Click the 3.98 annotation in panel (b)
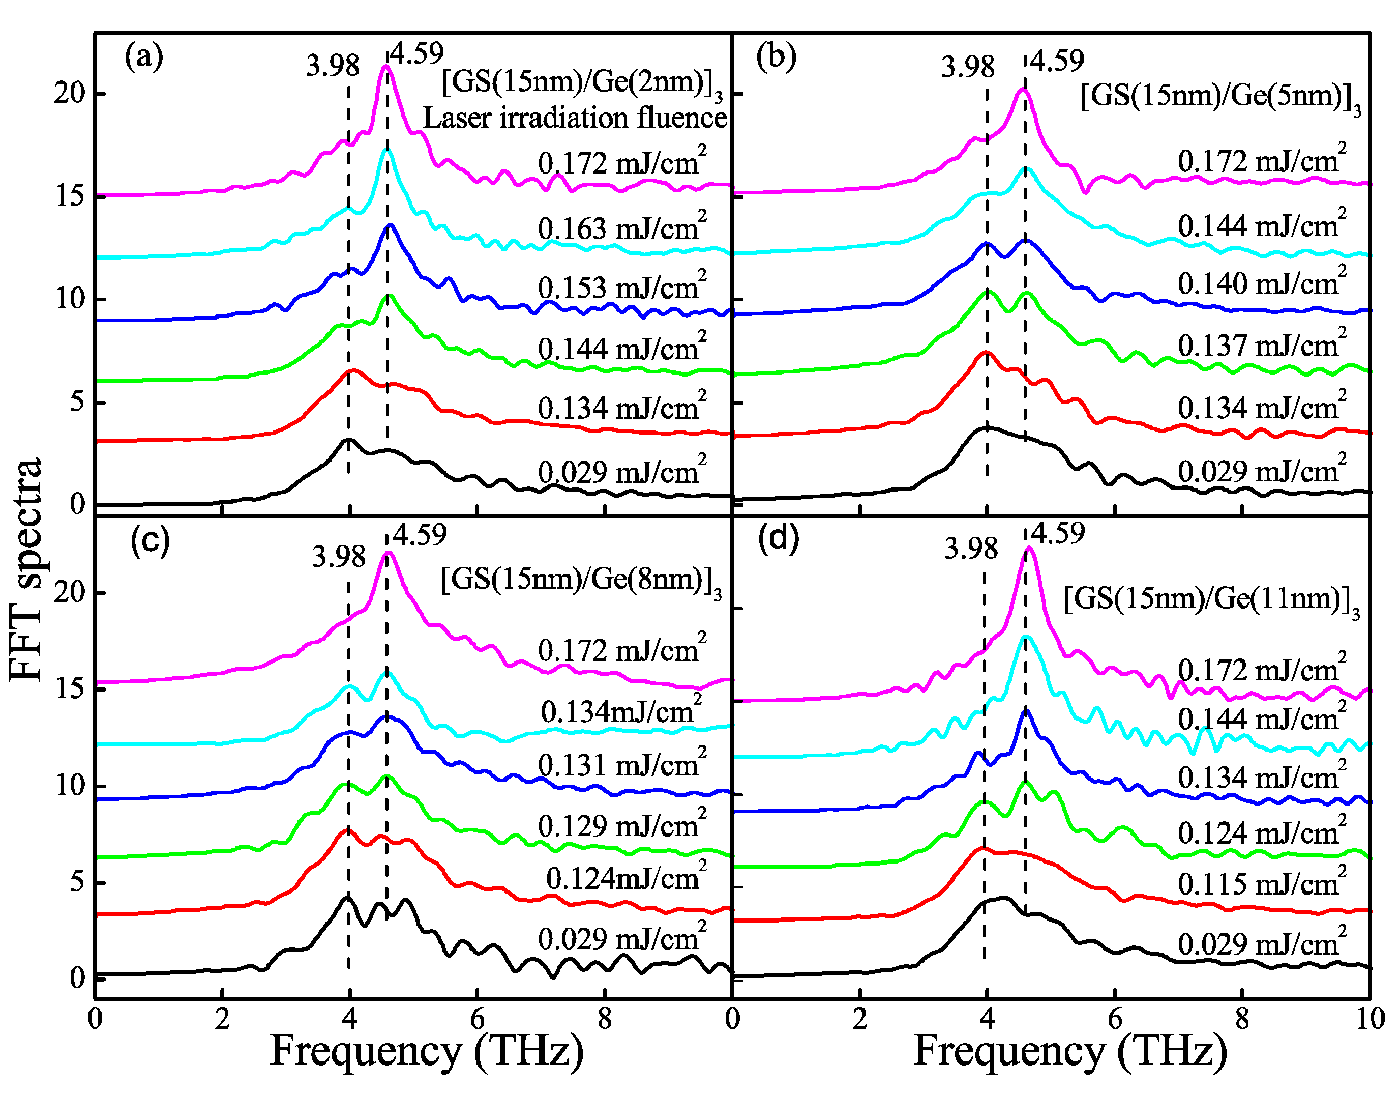(x=967, y=67)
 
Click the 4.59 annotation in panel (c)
(x=420, y=534)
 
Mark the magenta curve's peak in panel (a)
(x=385, y=66)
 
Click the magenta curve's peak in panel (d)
(x=1029, y=549)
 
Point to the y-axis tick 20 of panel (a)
(x=69, y=94)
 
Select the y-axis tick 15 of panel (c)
(x=69, y=688)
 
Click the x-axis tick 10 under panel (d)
(x=1371, y=1019)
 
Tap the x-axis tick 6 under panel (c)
(x=477, y=1019)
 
